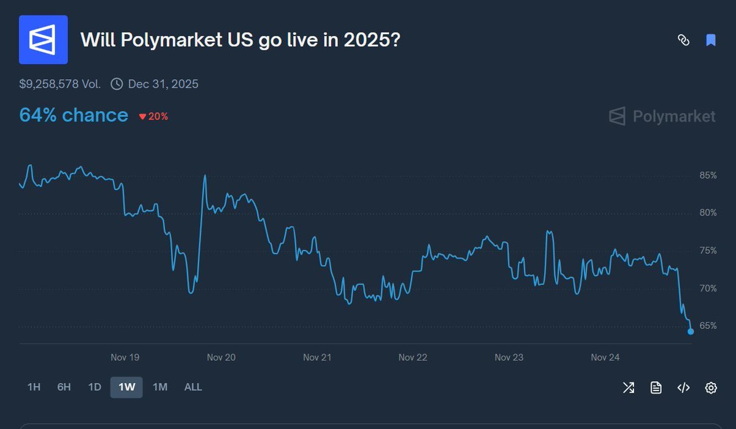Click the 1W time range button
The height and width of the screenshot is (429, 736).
click(x=126, y=387)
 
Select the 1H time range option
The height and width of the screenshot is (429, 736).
click(x=34, y=387)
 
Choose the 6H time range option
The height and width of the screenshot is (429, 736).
click(x=64, y=387)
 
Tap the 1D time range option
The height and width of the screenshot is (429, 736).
click(x=94, y=387)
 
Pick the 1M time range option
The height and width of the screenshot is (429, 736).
click(x=159, y=387)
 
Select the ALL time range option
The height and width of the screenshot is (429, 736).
click(x=193, y=387)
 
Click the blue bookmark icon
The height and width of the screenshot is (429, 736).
click(x=711, y=41)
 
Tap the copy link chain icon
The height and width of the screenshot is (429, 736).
click(x=683, y=41)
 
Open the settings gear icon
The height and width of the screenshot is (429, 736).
click(x=711, y=387)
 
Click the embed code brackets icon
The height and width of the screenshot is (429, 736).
click(x=683, y=387)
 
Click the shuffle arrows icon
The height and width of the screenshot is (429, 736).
click(x=629, y=387)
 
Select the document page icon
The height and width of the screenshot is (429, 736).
click(x=656, y=387)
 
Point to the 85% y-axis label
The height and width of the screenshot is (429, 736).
click(x=708, y=176)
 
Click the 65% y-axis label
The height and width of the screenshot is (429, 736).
click(x=708, y=326)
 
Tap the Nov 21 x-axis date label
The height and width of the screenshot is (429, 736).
click(x=317, y=357)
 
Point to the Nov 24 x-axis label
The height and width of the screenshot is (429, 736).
click(x=605, y=357)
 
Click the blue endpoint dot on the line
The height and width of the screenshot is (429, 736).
click(x=691, y=331)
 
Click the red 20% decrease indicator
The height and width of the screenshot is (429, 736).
click(x=153, y=116)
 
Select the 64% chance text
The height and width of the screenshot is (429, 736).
click(x=74, y=115)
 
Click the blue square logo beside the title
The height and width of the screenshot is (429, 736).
click(x=44, y=40)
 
